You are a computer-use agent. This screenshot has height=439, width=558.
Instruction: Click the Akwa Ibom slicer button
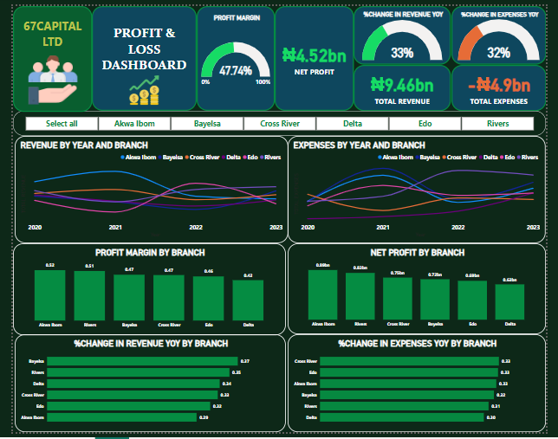(134, 124)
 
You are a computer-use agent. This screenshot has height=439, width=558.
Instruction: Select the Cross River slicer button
(280, 124)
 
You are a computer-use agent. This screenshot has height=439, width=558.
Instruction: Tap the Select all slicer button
(62, 124)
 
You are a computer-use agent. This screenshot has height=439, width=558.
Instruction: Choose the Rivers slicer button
(497, 124)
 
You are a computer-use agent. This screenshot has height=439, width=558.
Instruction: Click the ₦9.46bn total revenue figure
(402, 85)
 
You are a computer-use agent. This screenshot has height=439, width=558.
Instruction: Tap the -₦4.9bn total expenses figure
(498, 85)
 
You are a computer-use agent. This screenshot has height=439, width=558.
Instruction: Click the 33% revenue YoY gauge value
(402, 52)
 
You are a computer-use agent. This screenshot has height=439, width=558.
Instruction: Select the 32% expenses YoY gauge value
(498, 52)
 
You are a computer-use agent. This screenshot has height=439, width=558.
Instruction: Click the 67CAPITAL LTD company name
(53, 33)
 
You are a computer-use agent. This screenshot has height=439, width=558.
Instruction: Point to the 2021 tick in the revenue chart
(115, 227)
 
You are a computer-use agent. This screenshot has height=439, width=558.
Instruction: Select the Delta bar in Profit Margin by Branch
(248, 300)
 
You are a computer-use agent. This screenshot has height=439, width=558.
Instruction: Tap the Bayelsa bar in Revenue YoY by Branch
(142, 361)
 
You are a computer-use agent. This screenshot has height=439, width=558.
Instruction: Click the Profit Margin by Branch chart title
(150, 253)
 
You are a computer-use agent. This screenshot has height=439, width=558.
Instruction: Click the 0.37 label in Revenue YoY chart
(245, 361)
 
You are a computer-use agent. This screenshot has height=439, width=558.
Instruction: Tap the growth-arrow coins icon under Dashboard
(144, 89)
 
